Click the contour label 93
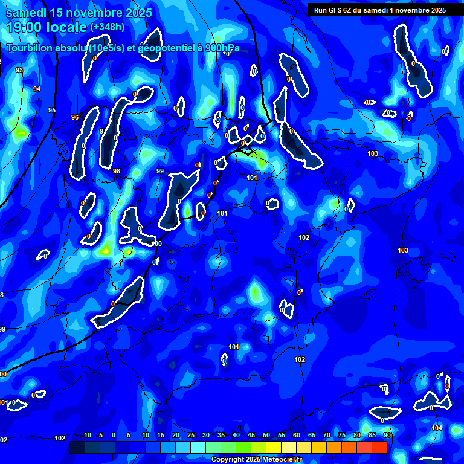click(19, 71)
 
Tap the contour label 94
click(37, 89)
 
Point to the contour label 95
click(52, 110)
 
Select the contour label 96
click(75, 117)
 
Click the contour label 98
click(117, 172)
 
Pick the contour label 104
click(437, 428)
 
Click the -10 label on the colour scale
click(86, 436)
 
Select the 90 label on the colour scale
click(387, 436)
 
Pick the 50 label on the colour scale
click(266, 436)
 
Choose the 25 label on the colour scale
click(191, 436)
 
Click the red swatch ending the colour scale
click(379, 447)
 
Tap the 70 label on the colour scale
click(327, 436)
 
